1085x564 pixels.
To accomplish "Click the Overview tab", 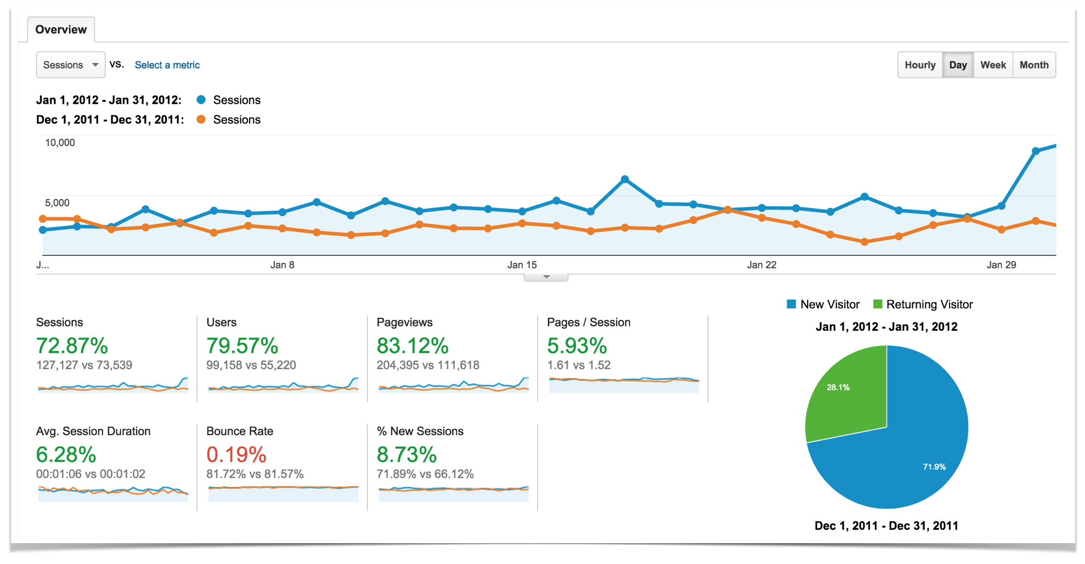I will click(x=61, y=30).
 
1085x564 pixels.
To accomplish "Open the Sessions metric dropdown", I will click(x=70, y=65).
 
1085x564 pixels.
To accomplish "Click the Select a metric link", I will click(x=167, y=65).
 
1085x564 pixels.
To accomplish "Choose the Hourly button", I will click(x=919, y=65).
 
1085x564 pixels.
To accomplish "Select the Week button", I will click(x=992, y=65).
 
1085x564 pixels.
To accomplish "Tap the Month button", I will click(x=1033, y=65).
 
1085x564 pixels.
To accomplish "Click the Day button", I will click(x=957, y=65).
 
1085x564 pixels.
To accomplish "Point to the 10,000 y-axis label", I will click(x=60, y=143).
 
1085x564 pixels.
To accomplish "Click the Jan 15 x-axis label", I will click(x=522, y=265).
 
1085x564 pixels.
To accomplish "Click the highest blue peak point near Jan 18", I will click(x=625, y=179).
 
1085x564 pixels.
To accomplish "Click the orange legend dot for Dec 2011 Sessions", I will click(x=201, y=120).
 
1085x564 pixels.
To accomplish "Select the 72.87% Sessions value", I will click(x=72, y=346).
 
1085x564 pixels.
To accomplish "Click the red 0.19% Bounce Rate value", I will click(x=236, y=454).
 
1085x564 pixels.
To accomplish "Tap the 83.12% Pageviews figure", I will click(x=412, y=346).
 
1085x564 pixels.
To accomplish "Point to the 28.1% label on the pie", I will click(x=838, y=387).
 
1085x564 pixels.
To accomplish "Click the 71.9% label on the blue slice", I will click(x=934, y=467).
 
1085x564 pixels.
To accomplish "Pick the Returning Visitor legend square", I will click(x=878, y=304).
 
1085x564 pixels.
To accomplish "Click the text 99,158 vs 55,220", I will click(x=251, y=365).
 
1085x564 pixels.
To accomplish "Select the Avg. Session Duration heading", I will click(x=93, y=431).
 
